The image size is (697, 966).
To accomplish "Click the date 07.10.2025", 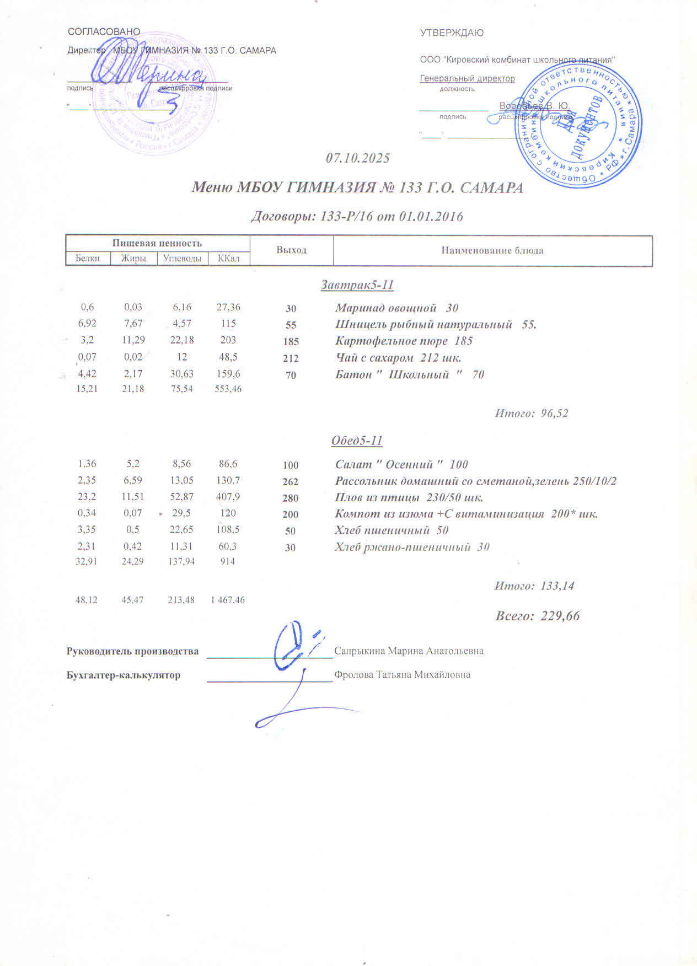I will point(358,158).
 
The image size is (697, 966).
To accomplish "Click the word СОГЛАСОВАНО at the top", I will point(104,32).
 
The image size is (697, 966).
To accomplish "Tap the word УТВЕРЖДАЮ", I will point(452,33).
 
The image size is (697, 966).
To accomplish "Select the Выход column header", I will point(291,250).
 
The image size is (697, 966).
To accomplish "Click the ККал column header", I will point(228,258).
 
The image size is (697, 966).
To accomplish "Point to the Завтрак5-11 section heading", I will point(357,285).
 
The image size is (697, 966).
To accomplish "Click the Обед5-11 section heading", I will point(357,441).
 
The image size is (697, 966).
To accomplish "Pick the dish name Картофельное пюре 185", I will point(404,341).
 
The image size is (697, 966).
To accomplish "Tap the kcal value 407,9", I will point(228,497).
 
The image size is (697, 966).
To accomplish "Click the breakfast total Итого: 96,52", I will point(531,413).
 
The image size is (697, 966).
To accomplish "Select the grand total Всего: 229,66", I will point(537,616).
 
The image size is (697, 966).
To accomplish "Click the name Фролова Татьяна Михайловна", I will point(402,674).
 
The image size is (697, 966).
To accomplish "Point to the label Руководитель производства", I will point(132,651).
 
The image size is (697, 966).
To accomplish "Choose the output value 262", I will point(290,482).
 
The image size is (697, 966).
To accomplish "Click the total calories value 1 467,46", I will point(228,600).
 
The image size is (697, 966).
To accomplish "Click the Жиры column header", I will point(133,258).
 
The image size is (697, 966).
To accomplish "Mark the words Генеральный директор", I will point(467,78).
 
